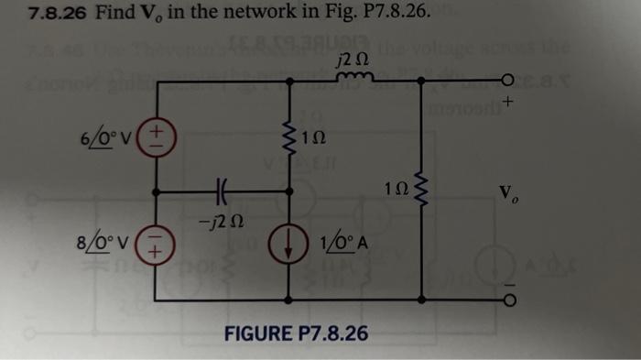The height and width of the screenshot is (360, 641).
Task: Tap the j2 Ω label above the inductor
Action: tap(352, 60)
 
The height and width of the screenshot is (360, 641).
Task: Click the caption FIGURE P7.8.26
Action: tap(297, 332)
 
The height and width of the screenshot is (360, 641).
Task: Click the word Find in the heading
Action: tap(114, 14)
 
